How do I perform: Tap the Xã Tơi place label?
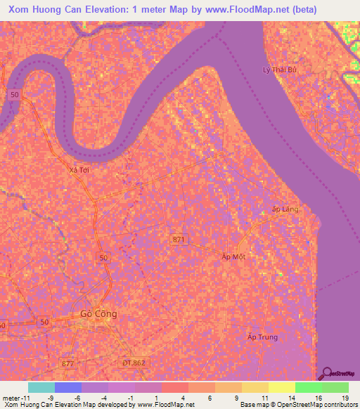79,170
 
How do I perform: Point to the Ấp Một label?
234,257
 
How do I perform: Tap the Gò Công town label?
98,313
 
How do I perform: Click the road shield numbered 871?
180,240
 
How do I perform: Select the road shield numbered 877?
67,363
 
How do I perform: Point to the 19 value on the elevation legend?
345,397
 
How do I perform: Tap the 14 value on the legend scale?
291,397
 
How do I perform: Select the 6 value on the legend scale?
211,397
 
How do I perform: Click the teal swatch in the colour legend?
41,387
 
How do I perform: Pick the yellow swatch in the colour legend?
281,387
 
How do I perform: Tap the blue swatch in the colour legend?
68,387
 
